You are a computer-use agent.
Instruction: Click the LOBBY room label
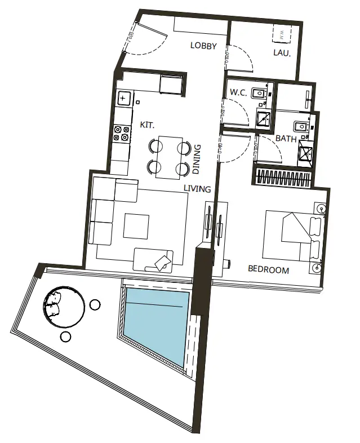click(x=203, y=46)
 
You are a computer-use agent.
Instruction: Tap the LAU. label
click(x=282, y=54)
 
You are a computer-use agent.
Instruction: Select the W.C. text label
click(x=238, y=92)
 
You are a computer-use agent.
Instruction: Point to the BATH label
click(x=286, y=139)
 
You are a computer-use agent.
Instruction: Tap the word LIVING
click(x=197, y=189)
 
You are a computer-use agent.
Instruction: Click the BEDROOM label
click(x=268, y=270)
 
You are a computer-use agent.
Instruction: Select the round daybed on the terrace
click(x=64, y=307)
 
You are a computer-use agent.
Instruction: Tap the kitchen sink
click(x=123, y=99)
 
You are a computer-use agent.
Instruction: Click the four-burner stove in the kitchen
click(x=122, y=133)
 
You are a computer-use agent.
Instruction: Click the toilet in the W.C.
click(x=260, y=94)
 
